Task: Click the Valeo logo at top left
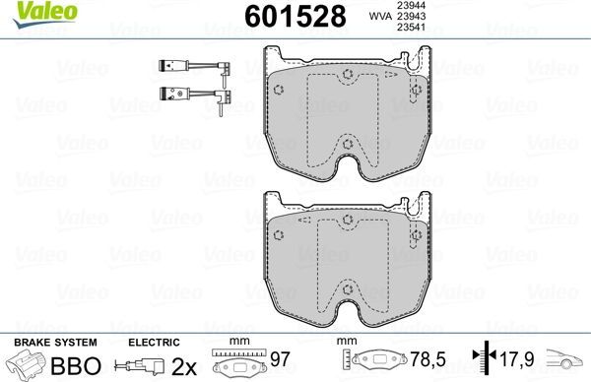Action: click(x=44, y=15)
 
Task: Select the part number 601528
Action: click(x=295, y=16)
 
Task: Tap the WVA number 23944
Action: click(x=411, y=5)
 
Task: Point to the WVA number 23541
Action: click(x=411, y=27)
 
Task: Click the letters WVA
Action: click(x=380, y=16)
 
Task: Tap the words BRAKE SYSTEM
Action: click(x=55, y=343)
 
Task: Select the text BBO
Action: click(x=76, y=365)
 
